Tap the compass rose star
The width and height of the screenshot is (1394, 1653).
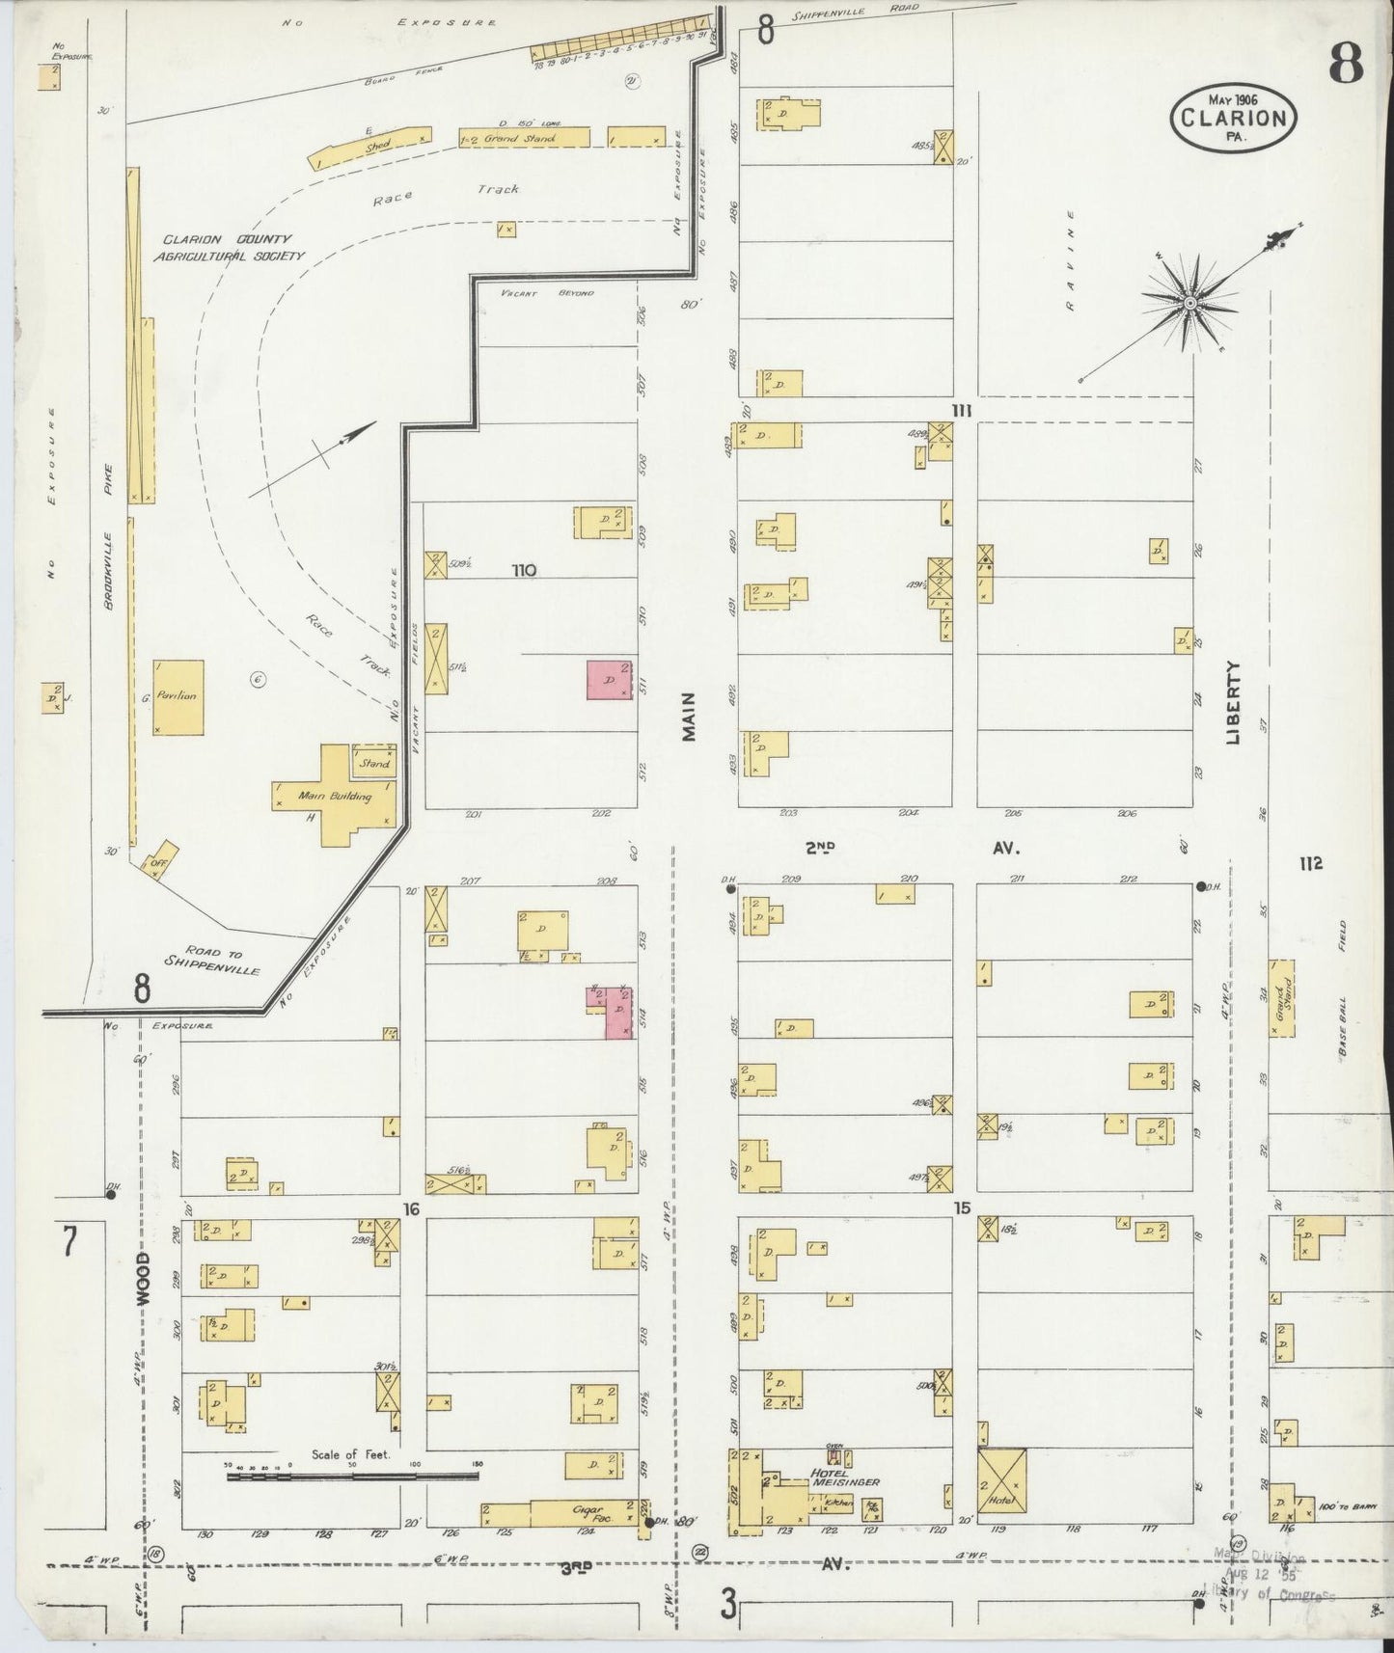1189,304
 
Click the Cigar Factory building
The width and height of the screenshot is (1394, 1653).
584,1512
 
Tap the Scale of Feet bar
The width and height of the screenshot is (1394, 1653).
352,1476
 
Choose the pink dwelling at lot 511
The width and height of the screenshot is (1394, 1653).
609,680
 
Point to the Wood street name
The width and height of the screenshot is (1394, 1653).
143,1279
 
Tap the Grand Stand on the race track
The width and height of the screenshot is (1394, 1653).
523,138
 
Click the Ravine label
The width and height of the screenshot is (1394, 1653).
1070,260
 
